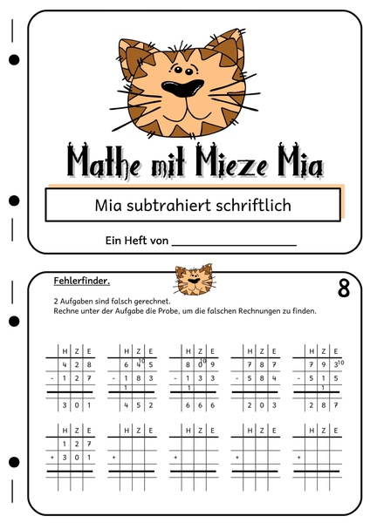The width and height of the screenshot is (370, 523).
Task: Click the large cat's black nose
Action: [185, 86]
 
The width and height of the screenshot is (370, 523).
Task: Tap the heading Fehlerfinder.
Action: [81, 281]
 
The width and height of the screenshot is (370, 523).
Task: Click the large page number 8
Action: [343, 289]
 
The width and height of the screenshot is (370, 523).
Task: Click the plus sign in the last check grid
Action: [298, 456]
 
